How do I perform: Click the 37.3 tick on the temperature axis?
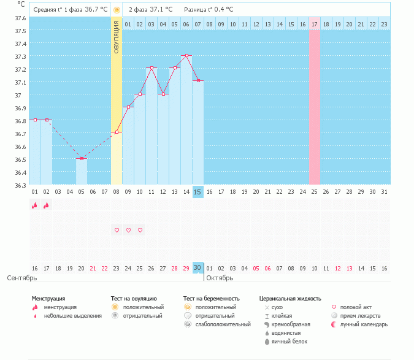click(x=20, y=56)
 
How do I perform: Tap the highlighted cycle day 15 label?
click(x=197, y=192)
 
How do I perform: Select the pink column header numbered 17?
click(x=314, y=24)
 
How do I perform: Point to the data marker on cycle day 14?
click(x=186, y=55)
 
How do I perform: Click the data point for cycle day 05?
click(x=82, y=158)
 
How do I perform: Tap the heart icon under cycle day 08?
click(x=117, y=230)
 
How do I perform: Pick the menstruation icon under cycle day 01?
click(x=34, y=205)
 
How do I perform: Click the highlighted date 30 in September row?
click(x=197, y=268)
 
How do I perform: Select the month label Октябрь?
click(x=219, y=278)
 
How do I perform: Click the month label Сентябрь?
click(x=21, y=278)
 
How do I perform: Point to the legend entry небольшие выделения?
click(x=73, y=315)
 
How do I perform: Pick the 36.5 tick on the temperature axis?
click(x=20, y=159)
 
